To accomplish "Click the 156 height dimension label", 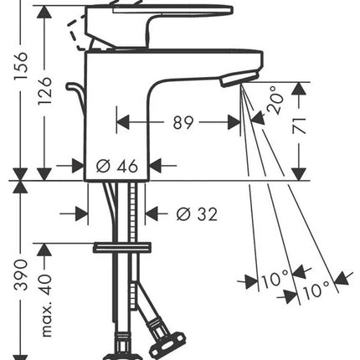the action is point(21,66).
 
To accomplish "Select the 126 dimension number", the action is point(44,91).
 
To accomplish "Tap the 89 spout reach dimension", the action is point(183,122).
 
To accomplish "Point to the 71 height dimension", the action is point(300,126).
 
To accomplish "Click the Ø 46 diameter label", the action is point(117,166).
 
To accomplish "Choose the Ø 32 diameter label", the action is point(197,214).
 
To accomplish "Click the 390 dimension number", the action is point(21,275).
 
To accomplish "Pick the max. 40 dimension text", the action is point(45,306).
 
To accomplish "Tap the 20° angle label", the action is point(275,100).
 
